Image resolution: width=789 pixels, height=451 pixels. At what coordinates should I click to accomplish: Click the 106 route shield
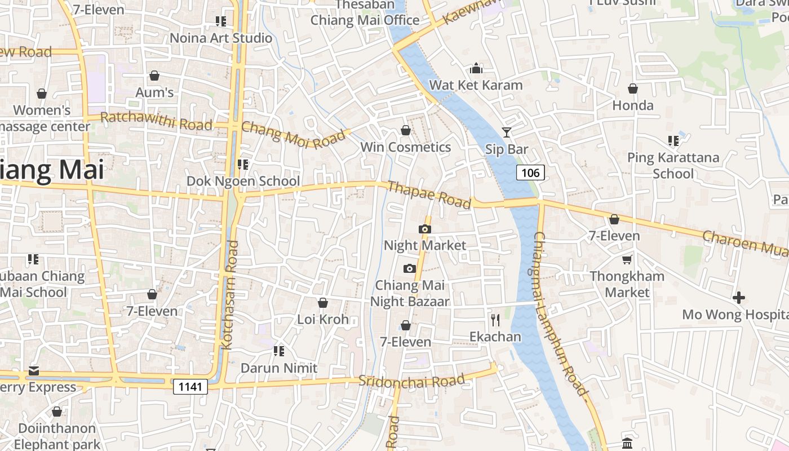531,173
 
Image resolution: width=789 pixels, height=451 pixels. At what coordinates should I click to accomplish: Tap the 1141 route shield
190,386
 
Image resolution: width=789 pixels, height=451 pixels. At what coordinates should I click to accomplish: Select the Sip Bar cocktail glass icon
507,132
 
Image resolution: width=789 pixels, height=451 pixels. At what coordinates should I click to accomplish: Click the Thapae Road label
429,194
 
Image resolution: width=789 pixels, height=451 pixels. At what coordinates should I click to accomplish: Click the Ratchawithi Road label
156,121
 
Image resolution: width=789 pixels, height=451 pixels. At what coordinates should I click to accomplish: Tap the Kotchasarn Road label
231,295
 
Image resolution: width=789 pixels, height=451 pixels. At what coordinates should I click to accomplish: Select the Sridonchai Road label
412,381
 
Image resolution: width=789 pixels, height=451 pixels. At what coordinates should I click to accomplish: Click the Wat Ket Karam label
476,85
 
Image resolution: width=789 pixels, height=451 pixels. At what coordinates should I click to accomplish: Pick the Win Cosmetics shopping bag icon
405,131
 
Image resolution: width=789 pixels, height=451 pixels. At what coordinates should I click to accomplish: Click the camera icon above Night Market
425,229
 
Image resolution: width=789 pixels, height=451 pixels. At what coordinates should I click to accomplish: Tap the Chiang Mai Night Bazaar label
410,293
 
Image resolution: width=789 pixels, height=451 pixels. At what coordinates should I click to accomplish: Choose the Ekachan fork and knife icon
495,320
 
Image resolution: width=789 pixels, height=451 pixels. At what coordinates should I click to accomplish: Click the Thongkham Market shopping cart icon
627,259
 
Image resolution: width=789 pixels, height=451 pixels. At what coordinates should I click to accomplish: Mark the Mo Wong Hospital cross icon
739,297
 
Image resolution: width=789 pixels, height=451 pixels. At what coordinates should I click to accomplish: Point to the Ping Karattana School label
673,165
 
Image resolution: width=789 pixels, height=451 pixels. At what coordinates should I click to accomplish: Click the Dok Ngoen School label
243,181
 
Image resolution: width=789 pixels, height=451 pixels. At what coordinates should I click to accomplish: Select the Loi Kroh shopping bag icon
323,303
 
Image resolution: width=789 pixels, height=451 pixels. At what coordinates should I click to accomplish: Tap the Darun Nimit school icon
278,351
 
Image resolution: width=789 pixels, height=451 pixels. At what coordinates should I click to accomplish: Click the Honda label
633,105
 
